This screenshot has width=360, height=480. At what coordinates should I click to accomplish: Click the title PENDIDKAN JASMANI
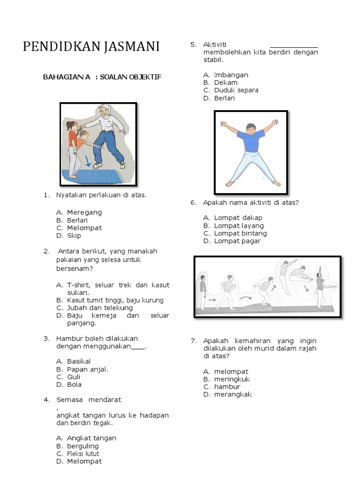[x=91, y=47]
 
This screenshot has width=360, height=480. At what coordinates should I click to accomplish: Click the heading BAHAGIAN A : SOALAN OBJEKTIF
[x=102, y=77]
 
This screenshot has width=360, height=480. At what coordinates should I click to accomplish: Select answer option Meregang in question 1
[x=84, y=212]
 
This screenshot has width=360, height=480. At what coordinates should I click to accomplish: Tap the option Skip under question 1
[x=74, y=236]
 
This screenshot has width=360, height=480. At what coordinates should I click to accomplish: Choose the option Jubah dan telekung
[x=100, y=308]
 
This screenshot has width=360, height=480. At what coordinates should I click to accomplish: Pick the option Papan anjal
[x=88, y=369]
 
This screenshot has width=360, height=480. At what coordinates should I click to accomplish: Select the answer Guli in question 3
[x=74, y=377]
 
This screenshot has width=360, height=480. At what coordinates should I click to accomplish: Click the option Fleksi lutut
[x=83, y=454]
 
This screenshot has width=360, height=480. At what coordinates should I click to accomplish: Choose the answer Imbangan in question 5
[x=231, y=75]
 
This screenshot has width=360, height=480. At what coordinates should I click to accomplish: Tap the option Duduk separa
[x=236, y=90]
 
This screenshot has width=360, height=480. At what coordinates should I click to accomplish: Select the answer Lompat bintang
[x=240, y=233]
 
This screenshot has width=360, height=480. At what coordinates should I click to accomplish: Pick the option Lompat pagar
[x=237, y=241]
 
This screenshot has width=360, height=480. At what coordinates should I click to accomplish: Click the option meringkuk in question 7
[x=232, y=379]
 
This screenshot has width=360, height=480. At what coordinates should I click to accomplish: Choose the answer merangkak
[x=233, y=395]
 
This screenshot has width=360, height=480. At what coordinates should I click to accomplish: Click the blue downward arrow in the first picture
[x=88, y=162]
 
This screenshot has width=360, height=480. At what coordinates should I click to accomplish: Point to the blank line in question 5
[x=294, y=46]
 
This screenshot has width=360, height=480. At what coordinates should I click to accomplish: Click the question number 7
[x=193, y=341]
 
